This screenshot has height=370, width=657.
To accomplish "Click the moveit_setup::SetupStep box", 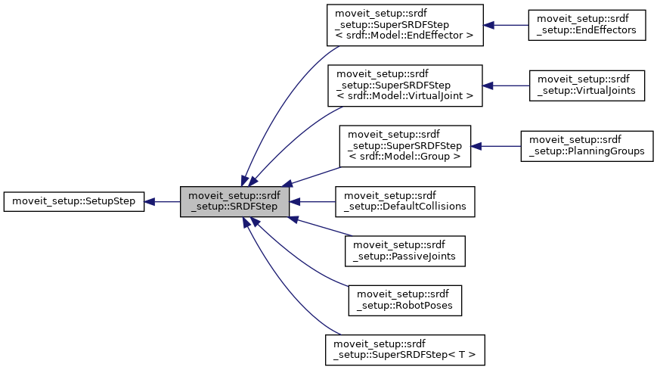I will [x=73, y=202].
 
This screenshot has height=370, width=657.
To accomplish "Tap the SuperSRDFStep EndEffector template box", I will [x=404, y=25].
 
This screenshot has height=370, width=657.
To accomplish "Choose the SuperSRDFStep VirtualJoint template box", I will [x=404, y=86].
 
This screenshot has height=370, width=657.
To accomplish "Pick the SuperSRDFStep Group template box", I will [x=404, y=146].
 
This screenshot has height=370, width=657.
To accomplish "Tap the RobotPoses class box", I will [x=404, y=300].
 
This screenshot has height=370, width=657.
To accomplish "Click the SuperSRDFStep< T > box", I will [x=404, y=350].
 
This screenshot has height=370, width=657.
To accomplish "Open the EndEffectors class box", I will [x=587, y=25].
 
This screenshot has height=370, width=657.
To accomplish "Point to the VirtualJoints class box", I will [x=587, y=86].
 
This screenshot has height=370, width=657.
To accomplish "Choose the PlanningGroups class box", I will [x=587, y=146].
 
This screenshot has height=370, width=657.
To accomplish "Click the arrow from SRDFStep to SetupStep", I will [x=163, y=202].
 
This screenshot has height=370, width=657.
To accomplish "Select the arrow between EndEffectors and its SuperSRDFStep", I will [x=506, y=25].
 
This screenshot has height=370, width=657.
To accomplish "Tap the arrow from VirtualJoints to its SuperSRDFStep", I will [x=506, y=86].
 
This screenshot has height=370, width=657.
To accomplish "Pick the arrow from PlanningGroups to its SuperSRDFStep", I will [x=496, y=146].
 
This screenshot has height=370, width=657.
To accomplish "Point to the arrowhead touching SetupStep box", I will [x=150, y=202].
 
